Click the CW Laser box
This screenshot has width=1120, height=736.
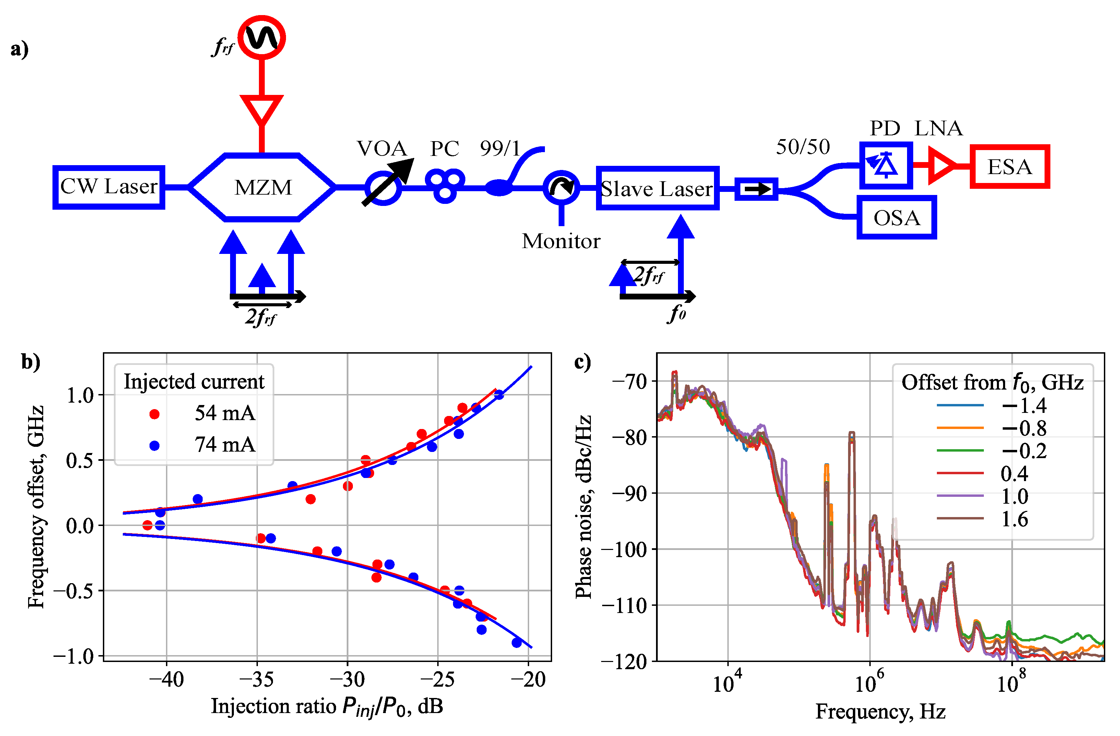pyautogui.click(x=109, y=187)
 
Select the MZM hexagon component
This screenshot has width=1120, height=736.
pyautogui.click(x=263, y=187)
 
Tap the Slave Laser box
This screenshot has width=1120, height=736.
pyautogui.click(x=657, y=188)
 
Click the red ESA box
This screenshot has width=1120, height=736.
pyautogui.click(x=1010, y=167)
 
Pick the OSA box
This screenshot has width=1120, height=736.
pyautogui.click(x=896, y=217)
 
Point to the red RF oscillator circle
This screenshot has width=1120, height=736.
pyautogui.click(x=262, y=38)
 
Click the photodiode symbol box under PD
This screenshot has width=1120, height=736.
pyautogui.click(x=886, y=165)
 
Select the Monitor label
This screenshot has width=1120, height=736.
pyautogui.click(x=561, y=241)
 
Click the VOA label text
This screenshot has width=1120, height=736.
pyautogui.click(x=382, y=149)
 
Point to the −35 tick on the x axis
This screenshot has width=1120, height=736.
pyautogui.click(x=257, y=679)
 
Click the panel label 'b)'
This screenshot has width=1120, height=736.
pyautogui.click(x=31, y=362)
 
